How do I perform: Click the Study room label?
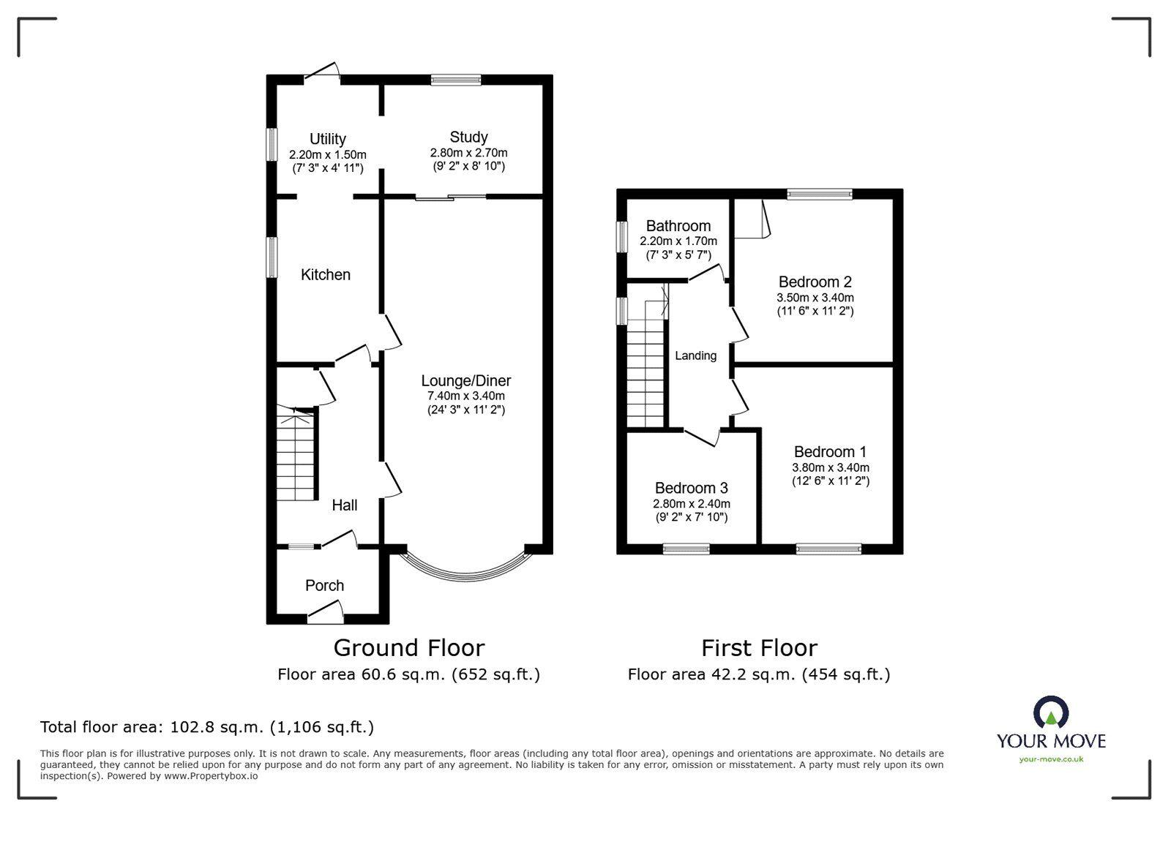[x=468, y=137]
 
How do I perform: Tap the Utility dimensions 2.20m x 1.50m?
[x=327, y=155]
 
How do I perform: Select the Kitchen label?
[x=326, y=274]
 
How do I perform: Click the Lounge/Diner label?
[x=465, y=380]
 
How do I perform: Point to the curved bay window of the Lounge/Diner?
[x=466, y=569]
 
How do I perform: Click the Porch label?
[x=324, y=585]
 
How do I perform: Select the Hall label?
[x=344, y=505]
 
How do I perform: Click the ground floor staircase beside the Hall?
[x=296, y=457]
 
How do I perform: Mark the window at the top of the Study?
[x=456, y=80]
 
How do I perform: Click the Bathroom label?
[x=678, y=226]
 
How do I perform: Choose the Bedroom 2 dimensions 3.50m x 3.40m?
[x=815, y=298]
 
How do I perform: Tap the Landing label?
[x=695, y=355]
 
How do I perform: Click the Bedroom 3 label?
[x=691, y=488]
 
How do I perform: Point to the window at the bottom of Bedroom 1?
[x=828, y=549]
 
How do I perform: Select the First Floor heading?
[x=759, y=647]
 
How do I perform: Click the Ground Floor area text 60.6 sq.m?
[x=408, y=674]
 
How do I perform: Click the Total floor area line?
[x=207, y=727]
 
